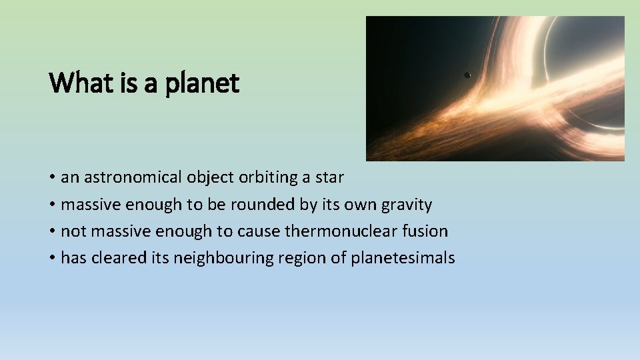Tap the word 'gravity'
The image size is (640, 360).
(407, 205)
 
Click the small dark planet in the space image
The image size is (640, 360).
(467, 75)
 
